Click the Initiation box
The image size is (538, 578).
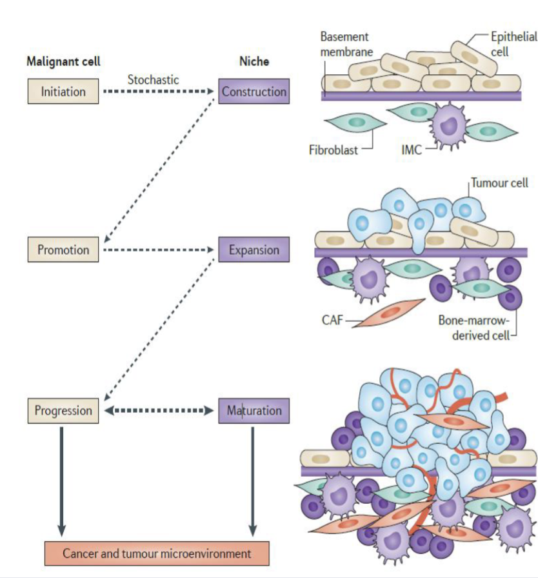(63, 92)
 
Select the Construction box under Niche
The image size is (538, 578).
(254, 92)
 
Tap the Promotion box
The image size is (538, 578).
(63, 250)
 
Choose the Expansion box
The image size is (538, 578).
(254, 250)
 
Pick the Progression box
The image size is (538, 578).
(63, 410)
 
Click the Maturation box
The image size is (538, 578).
(254, 410)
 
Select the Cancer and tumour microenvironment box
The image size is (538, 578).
(157, 553)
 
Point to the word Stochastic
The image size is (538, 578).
(153, 80)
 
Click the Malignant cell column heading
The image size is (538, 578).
(63, 62)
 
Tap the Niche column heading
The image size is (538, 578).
(254, 62)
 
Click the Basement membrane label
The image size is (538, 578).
(345, 44)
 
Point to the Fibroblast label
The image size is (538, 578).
(333, 151)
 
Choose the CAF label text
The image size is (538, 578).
(332, 318)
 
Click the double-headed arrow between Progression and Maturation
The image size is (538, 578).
(159, 410)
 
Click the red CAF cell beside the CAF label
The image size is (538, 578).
(388, 312)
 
